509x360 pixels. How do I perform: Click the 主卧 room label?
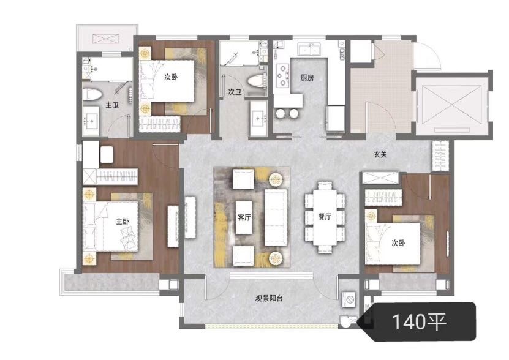pyautogui.click(x=123, y=222)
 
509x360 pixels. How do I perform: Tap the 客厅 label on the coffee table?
pyautogui.click(x=244, y=217)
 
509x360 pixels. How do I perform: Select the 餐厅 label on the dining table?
pyautogui.click(x=325, y=217)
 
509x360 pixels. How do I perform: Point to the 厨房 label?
pyautogui.click(x=307, y=78)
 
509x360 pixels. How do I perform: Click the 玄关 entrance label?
pyautogui.click(x=380, y=154)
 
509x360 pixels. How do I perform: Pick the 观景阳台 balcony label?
pyautogui.click(x=269, y=298)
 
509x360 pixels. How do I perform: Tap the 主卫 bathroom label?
pyautogui.click(x=112, y=105)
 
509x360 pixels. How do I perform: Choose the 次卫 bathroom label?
pyautogui.click(x=235, y=92)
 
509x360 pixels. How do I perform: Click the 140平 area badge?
pyautogui.click(x=419, y=321)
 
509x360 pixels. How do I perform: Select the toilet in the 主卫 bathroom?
pyautogui.click(x=92, y=94)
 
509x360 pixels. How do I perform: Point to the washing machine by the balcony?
pyautogui.click(x=349, y=299)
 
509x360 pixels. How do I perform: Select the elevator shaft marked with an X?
pyautogui.click(x=452, y=105)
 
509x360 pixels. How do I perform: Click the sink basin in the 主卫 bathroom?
pyautogui.click(x=91, y=121)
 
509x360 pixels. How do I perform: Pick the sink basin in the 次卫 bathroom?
pyautogui.click(x=258, y=118)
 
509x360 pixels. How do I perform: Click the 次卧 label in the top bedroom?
pyautogui.click(x=171, y=77)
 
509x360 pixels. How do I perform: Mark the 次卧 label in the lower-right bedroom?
pyautogui.click(x=398, y=242)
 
